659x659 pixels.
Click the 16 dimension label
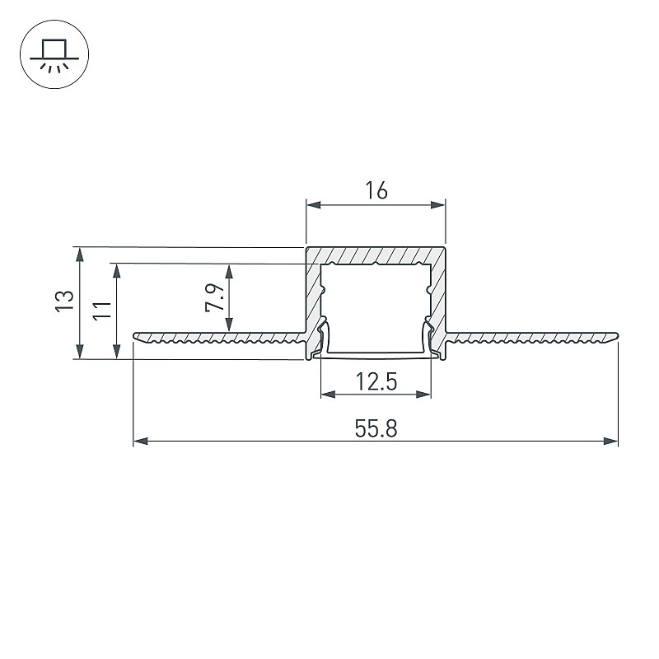click(376, 190)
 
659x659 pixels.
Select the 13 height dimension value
click(65, 301)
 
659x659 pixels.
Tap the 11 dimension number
click(102, 311)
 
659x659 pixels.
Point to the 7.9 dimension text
click(214, 297)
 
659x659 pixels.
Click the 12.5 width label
click(376, 382)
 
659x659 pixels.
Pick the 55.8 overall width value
click(376, 429)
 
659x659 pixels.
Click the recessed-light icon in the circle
click(54, 54)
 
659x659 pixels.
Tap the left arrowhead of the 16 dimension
click(314, 205)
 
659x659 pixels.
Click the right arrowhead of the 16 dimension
click(438, 205)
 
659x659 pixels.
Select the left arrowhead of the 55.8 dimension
click(141, 442)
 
